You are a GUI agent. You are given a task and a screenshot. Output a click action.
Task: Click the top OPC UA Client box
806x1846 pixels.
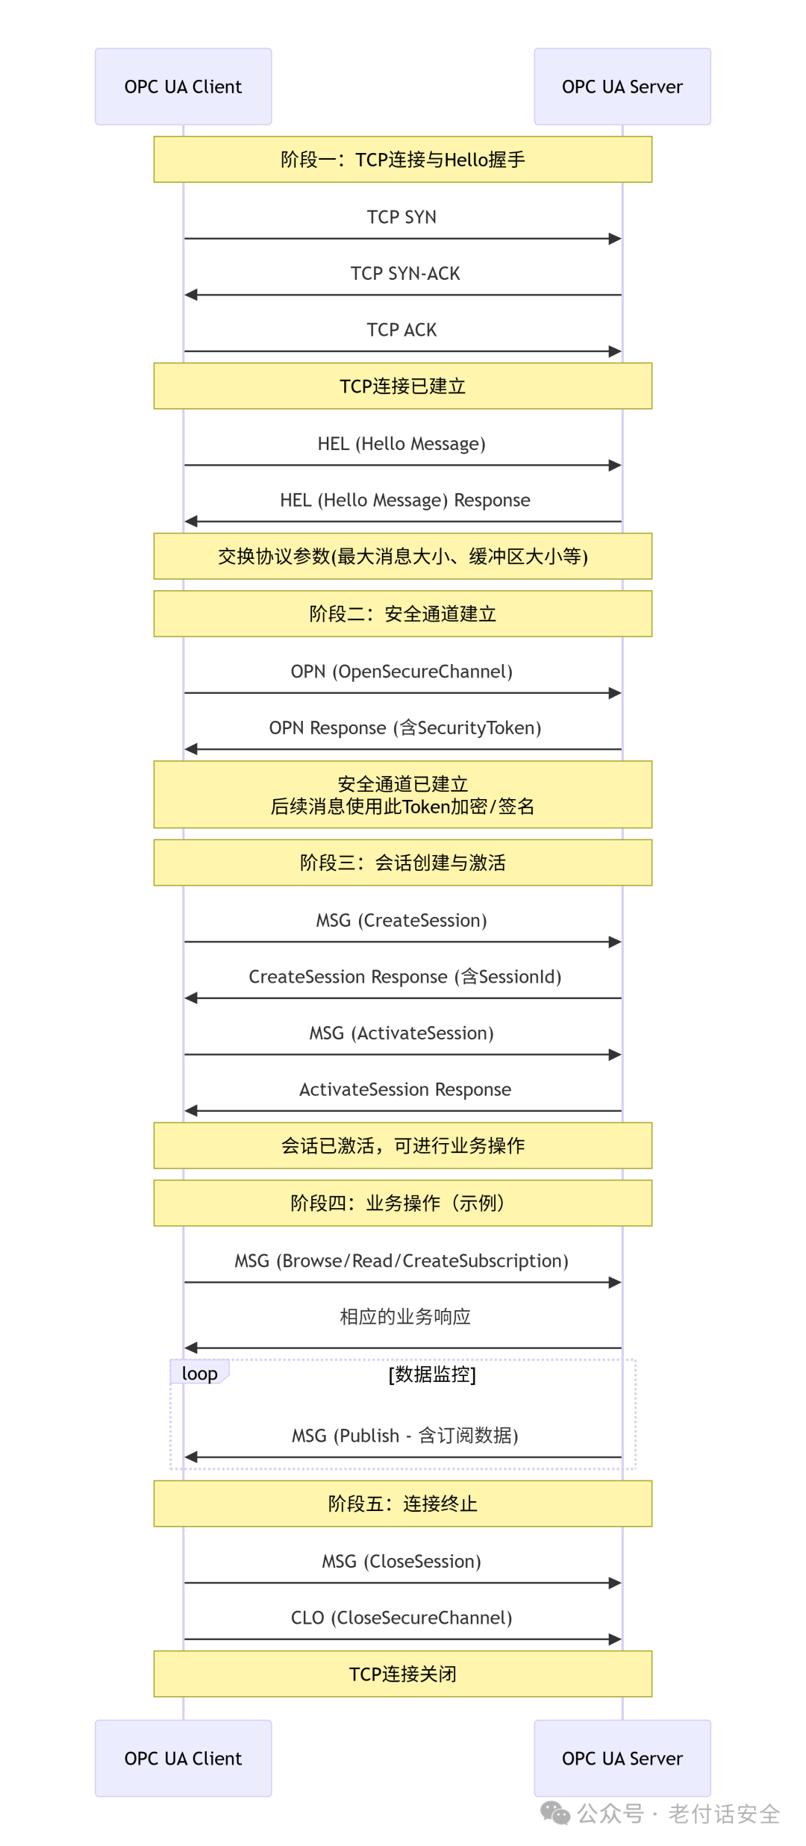[x=184, y=87]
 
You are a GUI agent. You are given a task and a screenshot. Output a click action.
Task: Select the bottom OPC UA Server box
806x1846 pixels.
[x=622, y=1758]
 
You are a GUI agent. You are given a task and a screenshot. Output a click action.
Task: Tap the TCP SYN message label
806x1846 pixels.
[x=402, y=217]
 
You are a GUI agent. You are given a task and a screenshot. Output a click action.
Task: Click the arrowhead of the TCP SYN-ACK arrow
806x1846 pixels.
[x=191, y=295]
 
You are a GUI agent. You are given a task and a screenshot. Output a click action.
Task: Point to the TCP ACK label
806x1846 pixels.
[x=402, y=330]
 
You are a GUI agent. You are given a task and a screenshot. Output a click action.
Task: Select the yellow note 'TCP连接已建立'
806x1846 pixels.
[x=403, y=386]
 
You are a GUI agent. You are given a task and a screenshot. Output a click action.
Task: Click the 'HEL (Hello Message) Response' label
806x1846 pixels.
[x=405, y=500]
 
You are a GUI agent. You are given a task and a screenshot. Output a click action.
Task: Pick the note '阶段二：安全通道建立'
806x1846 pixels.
[x=403, y=613]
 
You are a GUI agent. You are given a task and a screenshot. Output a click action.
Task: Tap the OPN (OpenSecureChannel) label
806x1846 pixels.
[x=402, y=672]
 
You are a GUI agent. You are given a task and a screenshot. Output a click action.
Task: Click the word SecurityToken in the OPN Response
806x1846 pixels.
[x=476, y=728]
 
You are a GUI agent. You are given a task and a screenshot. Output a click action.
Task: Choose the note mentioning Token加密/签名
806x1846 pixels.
[x=403, y=795]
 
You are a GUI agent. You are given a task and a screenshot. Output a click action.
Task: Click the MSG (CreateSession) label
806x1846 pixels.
[x=402, y=920]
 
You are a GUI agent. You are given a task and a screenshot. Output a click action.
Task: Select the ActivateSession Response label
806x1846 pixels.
[x=405, y=1089]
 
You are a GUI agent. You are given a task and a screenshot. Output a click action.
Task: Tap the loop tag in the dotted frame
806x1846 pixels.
[x=199, y=1373]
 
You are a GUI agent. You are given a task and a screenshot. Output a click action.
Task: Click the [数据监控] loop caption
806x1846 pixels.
[x=432, y=1374]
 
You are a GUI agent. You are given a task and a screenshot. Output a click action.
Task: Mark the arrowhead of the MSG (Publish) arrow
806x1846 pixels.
[x=191, y=1457]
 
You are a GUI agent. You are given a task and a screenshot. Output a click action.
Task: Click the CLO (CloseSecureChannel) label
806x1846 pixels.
[x=402, y=1618]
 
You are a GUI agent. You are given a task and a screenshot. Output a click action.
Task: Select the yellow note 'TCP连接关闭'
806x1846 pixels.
[x=403, y=1674]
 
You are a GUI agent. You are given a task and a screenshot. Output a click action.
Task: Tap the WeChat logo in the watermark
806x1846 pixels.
[x=555, y=1812]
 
